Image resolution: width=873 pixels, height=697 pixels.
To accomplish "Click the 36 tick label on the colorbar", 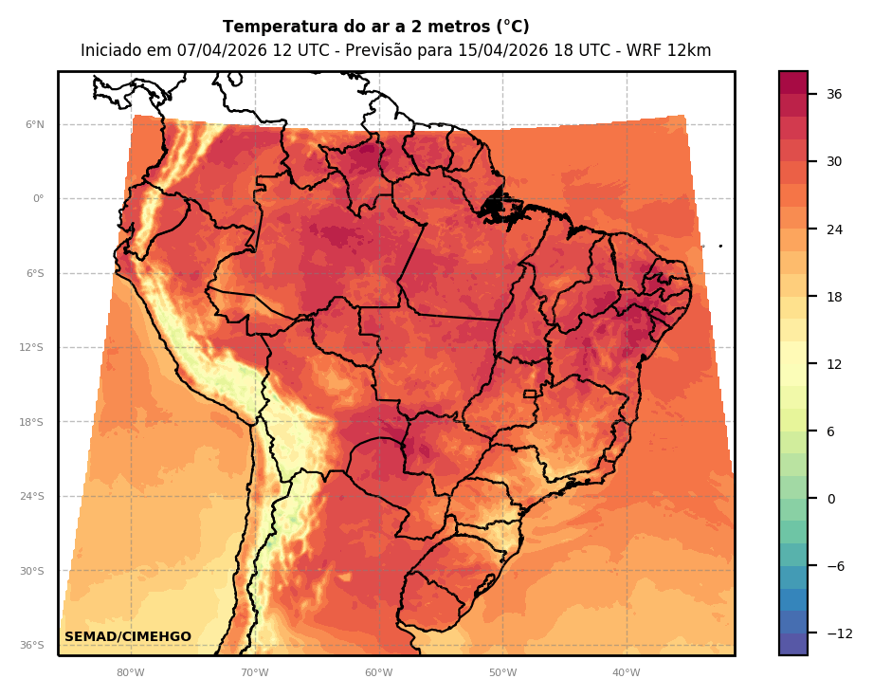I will pyautogui.click(x=834, y=94).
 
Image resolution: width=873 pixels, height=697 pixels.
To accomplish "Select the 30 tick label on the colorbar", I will pyautogui.click(x=834, y=161).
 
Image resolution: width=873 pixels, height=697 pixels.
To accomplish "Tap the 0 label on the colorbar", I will pyautogui.click(x=830, y=499).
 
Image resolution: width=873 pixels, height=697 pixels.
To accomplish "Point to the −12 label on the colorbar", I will pyautogui.click(x=839, y=633).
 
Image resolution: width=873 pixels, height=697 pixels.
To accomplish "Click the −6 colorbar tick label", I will pyautogui.click(x=835, y=566).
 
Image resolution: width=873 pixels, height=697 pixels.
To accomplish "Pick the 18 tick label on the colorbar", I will pyautogui.click(x=834, y=296).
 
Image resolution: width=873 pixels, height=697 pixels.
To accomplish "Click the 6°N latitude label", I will pyautogui.click(x=35, y=124).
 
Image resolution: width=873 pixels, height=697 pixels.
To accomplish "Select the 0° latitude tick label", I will pyautogui.click(x=39, y=199).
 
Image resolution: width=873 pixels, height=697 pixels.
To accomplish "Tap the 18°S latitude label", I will pyautogui.click(x=32, y=422).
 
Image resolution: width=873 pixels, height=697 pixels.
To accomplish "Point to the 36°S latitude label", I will pyautogui.click(x=32, y=646).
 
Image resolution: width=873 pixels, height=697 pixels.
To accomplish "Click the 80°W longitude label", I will pyautogui.click(x=131, y=673).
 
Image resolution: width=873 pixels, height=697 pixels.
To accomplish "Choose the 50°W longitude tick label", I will pyautogui.click(x=502, y=673).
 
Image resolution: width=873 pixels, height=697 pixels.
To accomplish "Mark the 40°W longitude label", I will pyautogui.click(x=627, y=673).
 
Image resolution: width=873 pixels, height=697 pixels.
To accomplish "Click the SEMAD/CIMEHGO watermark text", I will pyautogui.click(x=128, y=637).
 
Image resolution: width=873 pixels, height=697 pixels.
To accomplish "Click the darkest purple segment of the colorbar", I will pyautogui.click(x=793, y=645).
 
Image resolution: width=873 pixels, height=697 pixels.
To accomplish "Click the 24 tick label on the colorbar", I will pyautogui.click(x=834, y=229).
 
